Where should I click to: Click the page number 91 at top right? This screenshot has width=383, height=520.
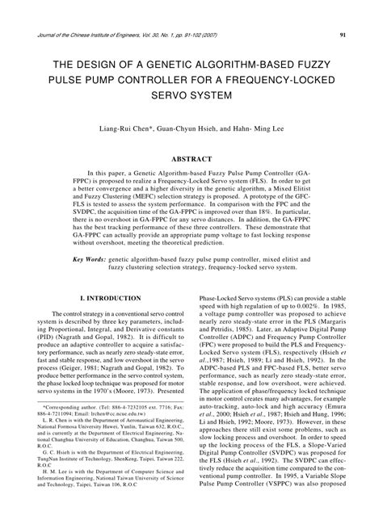(x=343, y=35)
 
